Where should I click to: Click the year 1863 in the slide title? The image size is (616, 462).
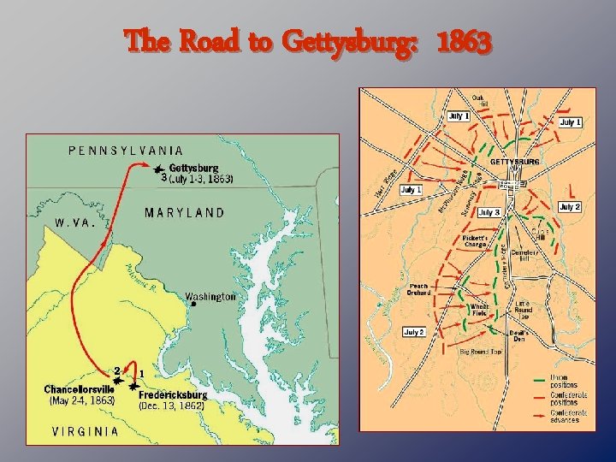(x=464, y=39)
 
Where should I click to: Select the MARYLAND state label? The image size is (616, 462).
(x=184, y=212)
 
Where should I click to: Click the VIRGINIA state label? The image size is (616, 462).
(x=86, y=431)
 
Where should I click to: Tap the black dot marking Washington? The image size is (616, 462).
(x=194, y=303)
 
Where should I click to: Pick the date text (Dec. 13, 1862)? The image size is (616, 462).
(x=172, y=406)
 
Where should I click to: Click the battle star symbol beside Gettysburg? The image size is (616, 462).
(x=158, y=170)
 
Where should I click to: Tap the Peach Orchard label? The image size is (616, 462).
(x=419, y=290)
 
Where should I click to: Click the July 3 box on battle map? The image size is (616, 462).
(x=489, y=211)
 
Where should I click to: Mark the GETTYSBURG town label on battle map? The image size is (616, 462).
(x=513, y=161)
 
